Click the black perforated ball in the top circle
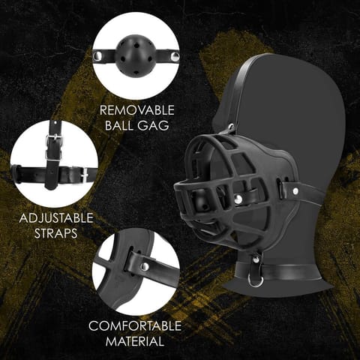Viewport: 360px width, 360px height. click(135, 55)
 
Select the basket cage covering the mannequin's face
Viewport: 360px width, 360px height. click(217, 180)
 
